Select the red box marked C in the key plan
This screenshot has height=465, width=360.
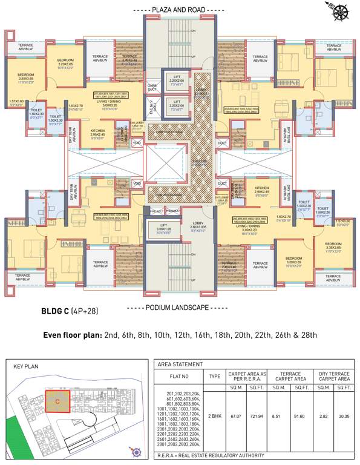[57, 400]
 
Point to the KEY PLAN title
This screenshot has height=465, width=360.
[25, 366]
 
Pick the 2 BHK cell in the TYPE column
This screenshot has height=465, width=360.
[214, 417]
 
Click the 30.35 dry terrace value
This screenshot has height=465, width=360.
[344, 417]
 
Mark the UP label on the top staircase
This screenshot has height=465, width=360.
[193, 57]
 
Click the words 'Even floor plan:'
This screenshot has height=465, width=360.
[71, 335]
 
